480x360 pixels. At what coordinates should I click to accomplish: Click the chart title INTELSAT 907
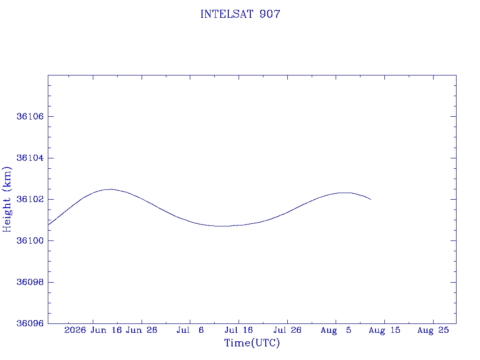point(240,14)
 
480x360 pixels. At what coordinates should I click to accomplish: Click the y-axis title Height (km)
point(7,199)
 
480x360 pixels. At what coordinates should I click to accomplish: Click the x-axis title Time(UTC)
point(252,343)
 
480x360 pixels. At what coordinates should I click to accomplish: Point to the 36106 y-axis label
point(30,116)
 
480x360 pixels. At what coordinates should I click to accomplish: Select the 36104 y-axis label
point(30,158)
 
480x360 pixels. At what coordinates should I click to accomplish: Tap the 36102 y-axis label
point(30,199)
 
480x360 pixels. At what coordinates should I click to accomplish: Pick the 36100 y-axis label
point(30,240)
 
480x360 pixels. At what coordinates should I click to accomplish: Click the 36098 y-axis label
point(30,282)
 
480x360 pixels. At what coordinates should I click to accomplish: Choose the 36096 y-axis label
point(30,323)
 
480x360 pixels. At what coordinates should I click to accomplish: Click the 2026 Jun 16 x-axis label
point(93,330)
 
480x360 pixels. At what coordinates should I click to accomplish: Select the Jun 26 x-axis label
point(142,330)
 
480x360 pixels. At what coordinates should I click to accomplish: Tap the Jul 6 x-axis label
point(190,330)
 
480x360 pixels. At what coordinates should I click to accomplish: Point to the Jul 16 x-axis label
point(239,330)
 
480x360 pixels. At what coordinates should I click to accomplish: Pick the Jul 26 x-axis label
point(287,330)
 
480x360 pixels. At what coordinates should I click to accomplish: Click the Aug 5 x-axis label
point(336,330)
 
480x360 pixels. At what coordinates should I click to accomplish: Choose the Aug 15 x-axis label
point(384,330)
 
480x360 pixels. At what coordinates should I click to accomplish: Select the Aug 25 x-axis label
point(433,330)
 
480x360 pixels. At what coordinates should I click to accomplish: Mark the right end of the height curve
point(371,200)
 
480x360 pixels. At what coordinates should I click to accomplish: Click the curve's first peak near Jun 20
point(110,189)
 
